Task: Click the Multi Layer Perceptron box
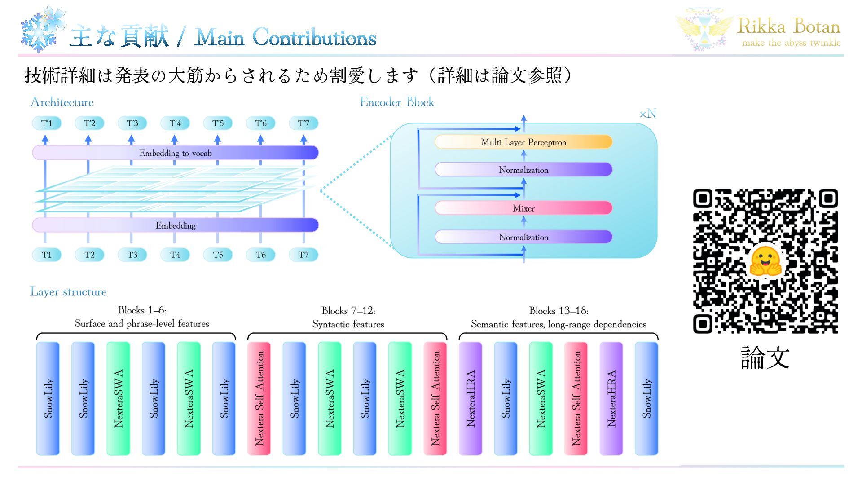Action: tap(523, 142)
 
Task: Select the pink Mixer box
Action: tap(523, 208)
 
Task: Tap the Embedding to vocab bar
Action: tap(175, 153)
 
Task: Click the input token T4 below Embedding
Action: tap(175, 255)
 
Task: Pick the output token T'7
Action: tap(303, 123)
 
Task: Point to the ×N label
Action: tap(648, 114)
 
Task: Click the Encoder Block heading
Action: tap(397, 102)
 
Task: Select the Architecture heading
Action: tap(62, 102)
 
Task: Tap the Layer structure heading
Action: tap(68, 292)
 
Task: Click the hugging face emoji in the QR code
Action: tap(765, 261)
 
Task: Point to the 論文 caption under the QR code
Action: tap(765, 357)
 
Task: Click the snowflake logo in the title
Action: tap(43, 29)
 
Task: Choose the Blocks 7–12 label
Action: tap(348, 310)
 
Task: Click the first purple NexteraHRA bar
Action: tap(470, 398)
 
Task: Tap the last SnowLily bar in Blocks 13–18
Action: tap(646, 398)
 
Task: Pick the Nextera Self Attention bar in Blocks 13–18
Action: tap(576, 398)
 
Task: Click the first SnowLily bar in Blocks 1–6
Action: tap(48, 398)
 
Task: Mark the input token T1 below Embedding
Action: tap(47, 255)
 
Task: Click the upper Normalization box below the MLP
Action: tap(523, 170)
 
